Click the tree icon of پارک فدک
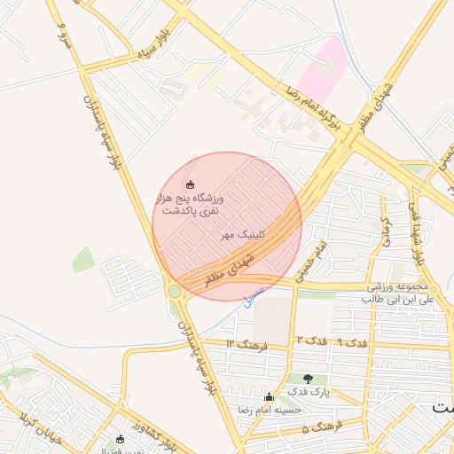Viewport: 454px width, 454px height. pyautogui.click(x=308, y=379)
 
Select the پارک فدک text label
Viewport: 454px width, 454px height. pyautogui.click(x=308, y=391)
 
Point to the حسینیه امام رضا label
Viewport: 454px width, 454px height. pyautogui.click(x=270, y=410)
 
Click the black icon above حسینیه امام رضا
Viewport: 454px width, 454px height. pyautogui.click(x=270, y=396)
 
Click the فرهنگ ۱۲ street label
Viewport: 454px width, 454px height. pyautogui.click(x=246, y=342)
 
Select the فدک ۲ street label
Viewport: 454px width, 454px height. pyautogui.click(x=311, y=340)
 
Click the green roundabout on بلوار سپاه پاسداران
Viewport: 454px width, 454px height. pyautogui.click(x=175, y=290)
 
